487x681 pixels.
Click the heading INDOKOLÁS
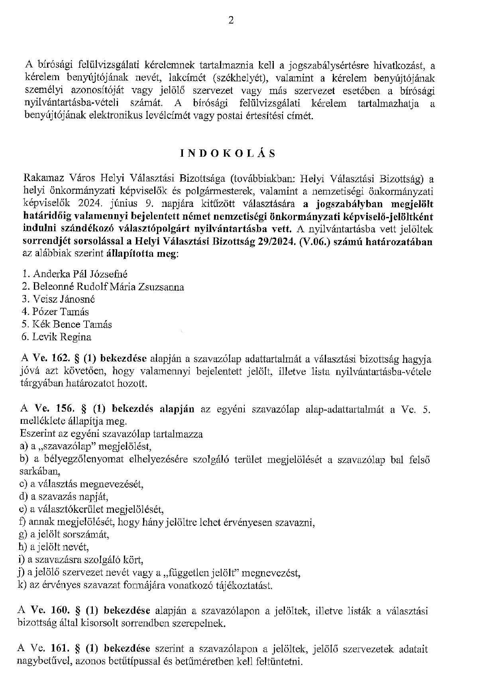[x=228, y=154]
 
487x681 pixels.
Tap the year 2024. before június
[x=92, y=204]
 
